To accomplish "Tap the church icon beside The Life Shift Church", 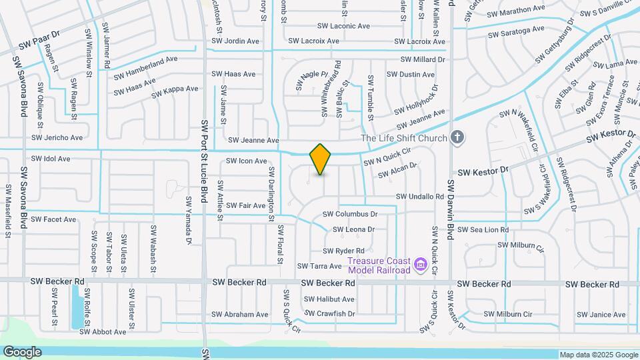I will [x=457, y=138].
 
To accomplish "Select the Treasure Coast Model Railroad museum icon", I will [x=421, y=265].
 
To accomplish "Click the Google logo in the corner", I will [x=22, y=352].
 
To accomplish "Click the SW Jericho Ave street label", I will [x=59, y=138].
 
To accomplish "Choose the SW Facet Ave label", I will [x=53, y=219].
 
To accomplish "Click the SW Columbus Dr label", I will [x=350, y=215].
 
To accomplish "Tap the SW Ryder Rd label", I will [x=344, y=251].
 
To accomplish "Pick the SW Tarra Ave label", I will [x=319, y=266].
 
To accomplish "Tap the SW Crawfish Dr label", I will [x=330, y=313].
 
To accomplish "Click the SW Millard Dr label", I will [x=422, y=59].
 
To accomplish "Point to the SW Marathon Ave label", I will [x=516, y=11].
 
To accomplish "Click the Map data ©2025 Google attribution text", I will [x=598, y=355].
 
